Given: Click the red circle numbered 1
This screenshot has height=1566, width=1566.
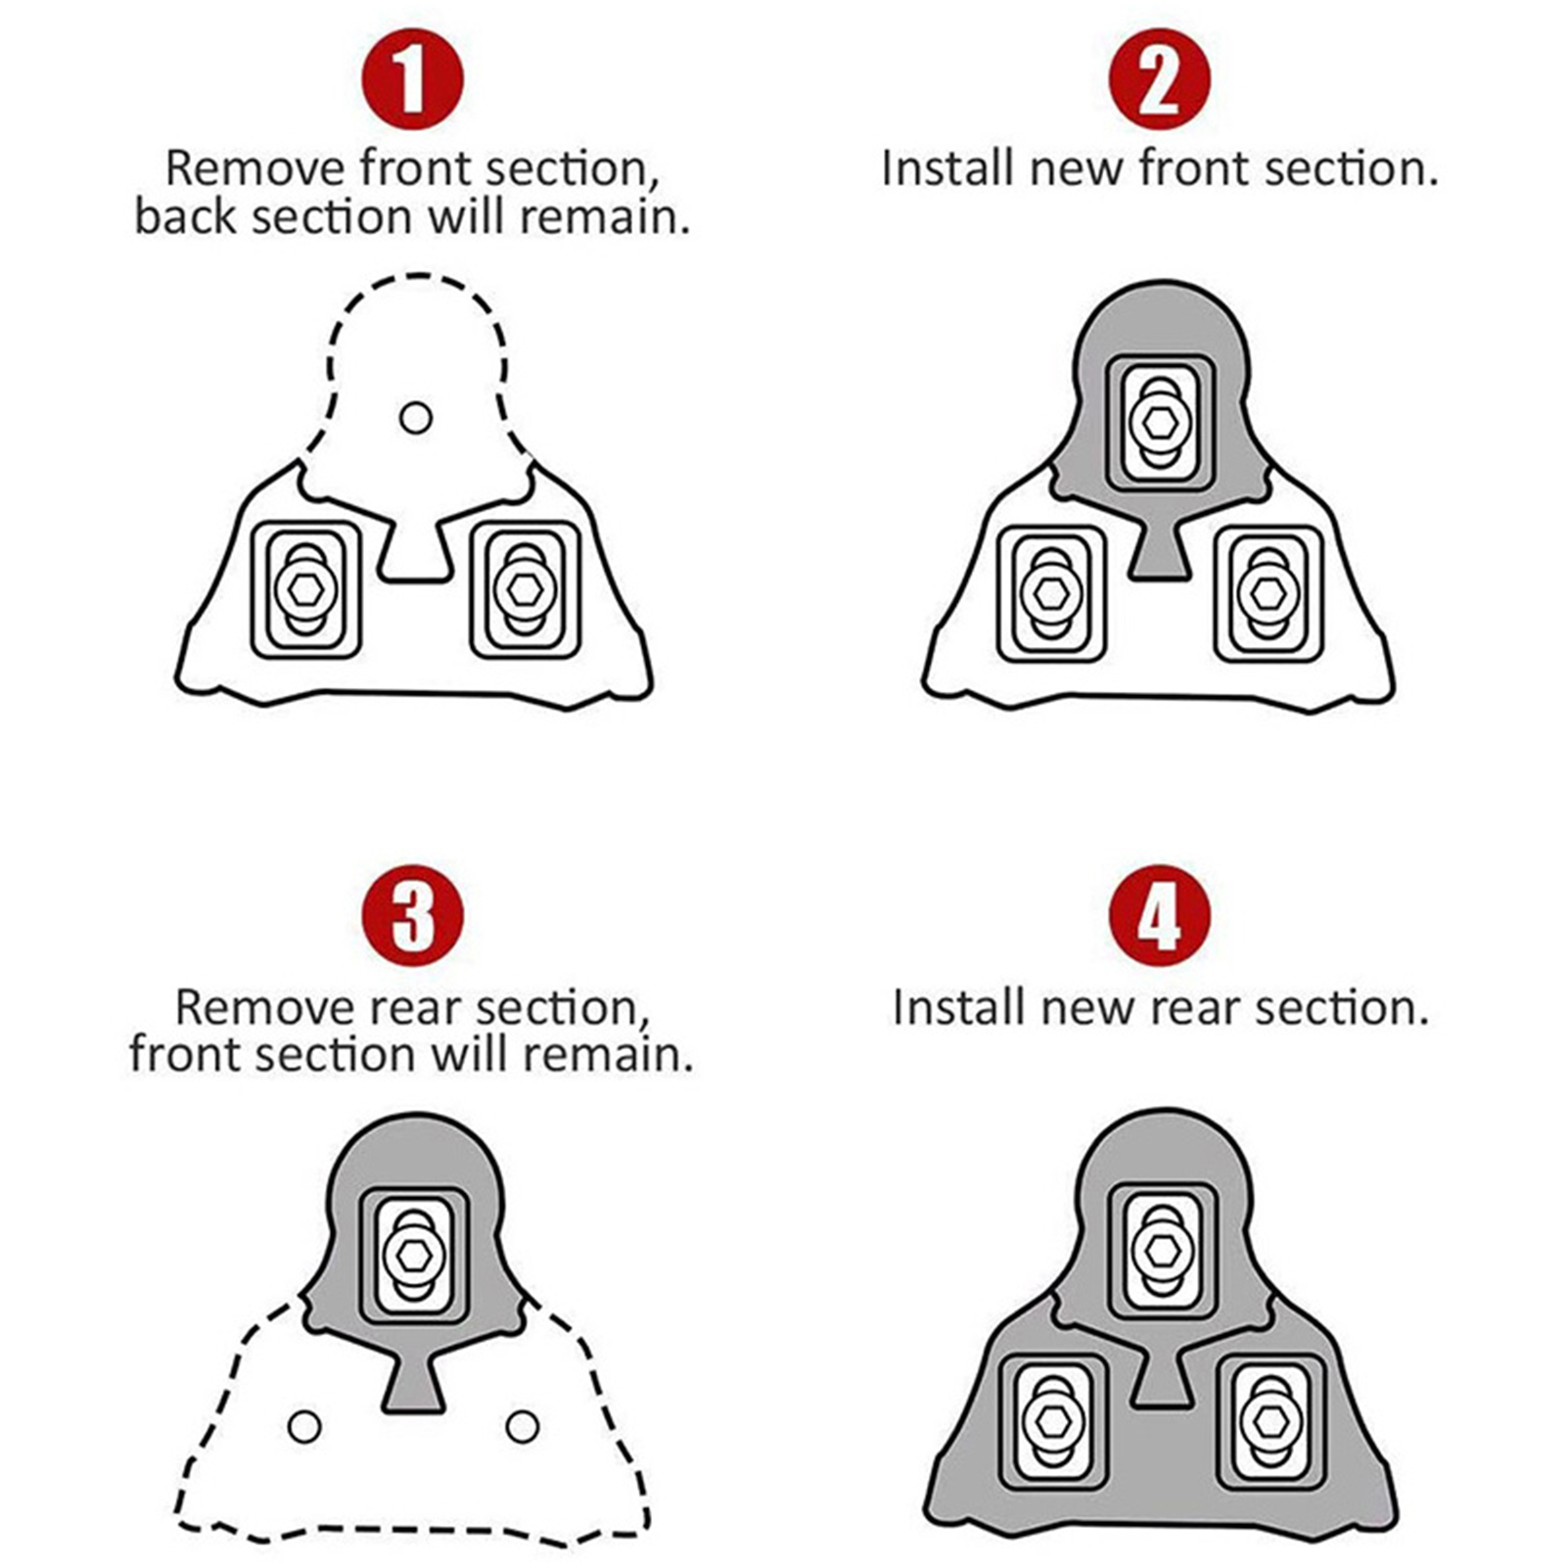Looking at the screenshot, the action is click(412, 79).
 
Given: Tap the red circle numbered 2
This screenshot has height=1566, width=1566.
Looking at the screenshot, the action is click(1159, 79).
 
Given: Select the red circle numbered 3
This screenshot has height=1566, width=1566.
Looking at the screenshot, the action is click(412, 916).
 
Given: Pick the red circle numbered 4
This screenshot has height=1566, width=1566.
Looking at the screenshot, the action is click(1159, 916).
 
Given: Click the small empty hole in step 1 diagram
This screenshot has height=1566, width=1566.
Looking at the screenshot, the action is click(416, 418).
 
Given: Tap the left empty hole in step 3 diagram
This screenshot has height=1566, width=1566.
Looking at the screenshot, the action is click(304, 1426).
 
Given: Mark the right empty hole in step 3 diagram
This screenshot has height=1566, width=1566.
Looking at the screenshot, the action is click(523, 1426).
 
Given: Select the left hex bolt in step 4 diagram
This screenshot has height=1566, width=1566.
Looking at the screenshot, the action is click(1052, 1421).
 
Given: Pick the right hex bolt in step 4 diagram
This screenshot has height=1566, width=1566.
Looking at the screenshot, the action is click(1270, 1421).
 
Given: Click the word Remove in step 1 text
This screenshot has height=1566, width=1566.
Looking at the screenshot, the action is click(254, 167).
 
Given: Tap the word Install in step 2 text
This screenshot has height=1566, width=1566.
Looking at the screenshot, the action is click(947, 167).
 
